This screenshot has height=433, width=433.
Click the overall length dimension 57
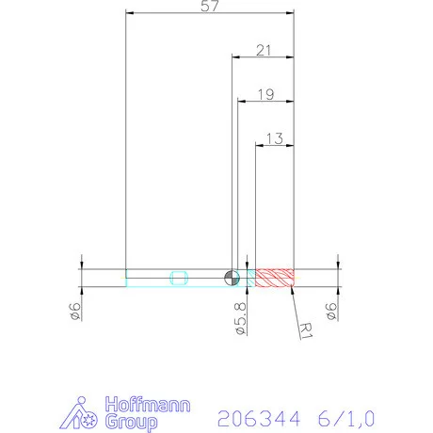[210, 7]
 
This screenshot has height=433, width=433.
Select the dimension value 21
[264, 49]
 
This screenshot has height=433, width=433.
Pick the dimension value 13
[275, 137]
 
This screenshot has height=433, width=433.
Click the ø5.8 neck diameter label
[239, 316]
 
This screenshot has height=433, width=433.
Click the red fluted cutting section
[276, 277]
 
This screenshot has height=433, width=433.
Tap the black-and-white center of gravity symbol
[231, 277]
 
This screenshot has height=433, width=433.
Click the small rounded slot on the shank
[180, 277]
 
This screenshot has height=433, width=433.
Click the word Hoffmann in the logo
[146, 405]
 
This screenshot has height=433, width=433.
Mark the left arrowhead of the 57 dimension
[130, 13]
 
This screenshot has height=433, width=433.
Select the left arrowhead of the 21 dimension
[236, 57]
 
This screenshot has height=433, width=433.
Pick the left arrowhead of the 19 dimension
[241, 102]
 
